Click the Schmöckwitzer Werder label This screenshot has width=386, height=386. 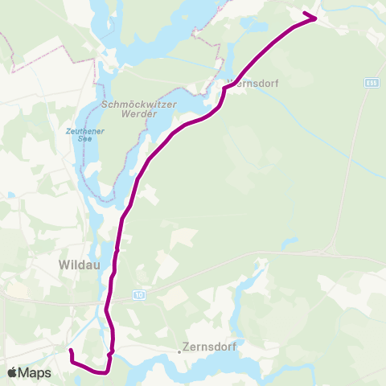[x=133, y=109]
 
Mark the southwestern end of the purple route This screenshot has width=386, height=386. [x=70, y=351]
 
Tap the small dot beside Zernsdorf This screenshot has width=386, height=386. [x=179, y=351]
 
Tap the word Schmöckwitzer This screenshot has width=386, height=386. [x=133, y=104]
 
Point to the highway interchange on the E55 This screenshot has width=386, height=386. [x=332, y=244]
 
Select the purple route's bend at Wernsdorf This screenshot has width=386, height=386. [x=224, y=89]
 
